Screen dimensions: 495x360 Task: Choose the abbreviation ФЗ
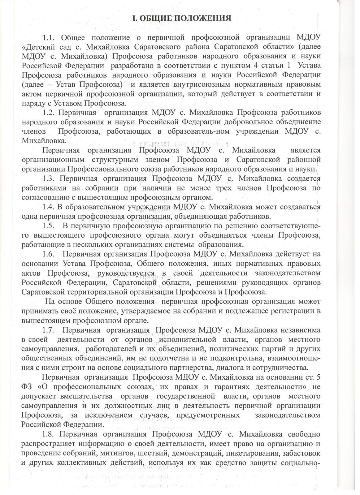pos(27,387)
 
